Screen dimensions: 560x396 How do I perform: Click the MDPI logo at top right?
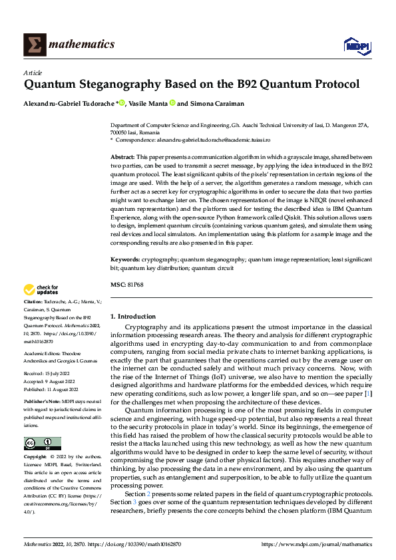click(x=356, y=45)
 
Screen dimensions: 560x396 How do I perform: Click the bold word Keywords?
click(x=125, y=259)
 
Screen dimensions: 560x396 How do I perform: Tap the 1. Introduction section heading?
click(x=133, y=317)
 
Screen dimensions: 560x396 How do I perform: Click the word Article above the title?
click(x=33, y=72)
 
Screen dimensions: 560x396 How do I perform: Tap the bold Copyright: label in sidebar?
click(x=35, y=458)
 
